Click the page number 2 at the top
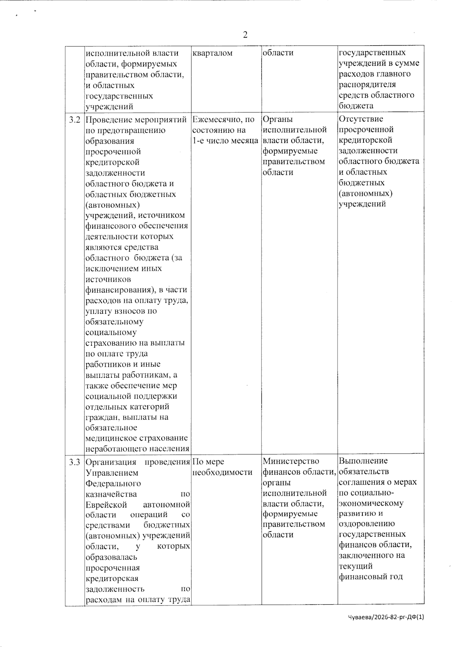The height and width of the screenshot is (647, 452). coord(245,35)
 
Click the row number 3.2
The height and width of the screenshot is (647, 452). coord(75,120)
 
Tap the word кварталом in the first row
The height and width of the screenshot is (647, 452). coord(212,53)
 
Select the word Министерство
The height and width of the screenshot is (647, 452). coord(291,461)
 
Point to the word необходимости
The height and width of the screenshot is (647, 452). coord(222,472)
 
